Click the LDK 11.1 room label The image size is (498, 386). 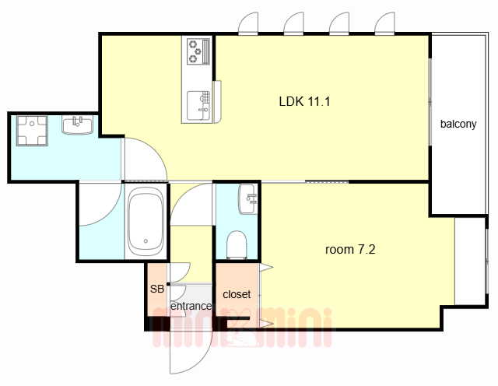point(304,101)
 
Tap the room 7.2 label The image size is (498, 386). point(350,249)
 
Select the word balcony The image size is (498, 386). point(458,124)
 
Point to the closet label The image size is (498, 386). point(237,294)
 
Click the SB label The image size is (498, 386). point(157,289)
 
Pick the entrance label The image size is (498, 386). point(191,306)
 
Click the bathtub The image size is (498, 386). point(146,221)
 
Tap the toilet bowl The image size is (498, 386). point(237,244)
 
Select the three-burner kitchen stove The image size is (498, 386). point(199,51)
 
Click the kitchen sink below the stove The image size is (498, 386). point(198,106)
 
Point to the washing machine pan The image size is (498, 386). point(32,131)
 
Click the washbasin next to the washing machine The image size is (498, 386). point(78,125)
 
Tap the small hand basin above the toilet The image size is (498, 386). point(248,199)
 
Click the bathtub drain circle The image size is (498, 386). point(146,241)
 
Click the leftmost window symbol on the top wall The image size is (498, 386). point(248,23)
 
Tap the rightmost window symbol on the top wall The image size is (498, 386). point(385,23)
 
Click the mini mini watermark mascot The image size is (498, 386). point(242,331)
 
